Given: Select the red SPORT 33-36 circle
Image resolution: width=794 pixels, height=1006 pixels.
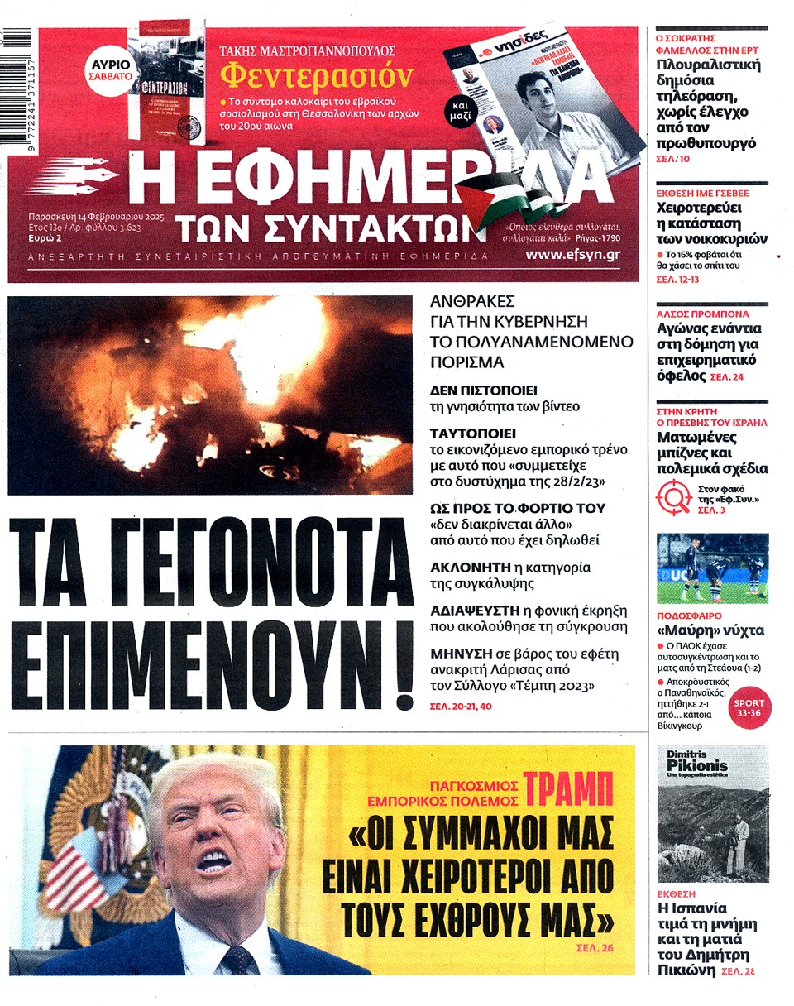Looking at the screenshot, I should [x=748, y=707].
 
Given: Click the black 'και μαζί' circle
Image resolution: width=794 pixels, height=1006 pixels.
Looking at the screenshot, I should [x=462, y=113].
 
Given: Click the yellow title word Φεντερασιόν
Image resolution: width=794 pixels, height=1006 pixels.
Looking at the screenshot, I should [x=316, y=76].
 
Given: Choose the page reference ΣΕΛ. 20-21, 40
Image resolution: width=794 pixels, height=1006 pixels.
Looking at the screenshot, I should [x=461, y=707].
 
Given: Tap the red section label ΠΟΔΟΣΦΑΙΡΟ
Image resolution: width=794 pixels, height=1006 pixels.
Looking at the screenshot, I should [x=689, y=616].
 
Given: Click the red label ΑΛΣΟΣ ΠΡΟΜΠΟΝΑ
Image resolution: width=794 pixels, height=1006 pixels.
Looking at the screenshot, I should [x=702, y=314].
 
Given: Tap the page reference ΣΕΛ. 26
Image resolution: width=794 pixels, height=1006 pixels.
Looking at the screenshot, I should [x=595, y=947].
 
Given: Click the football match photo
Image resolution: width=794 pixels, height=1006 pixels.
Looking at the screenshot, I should [x=712, y=568].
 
